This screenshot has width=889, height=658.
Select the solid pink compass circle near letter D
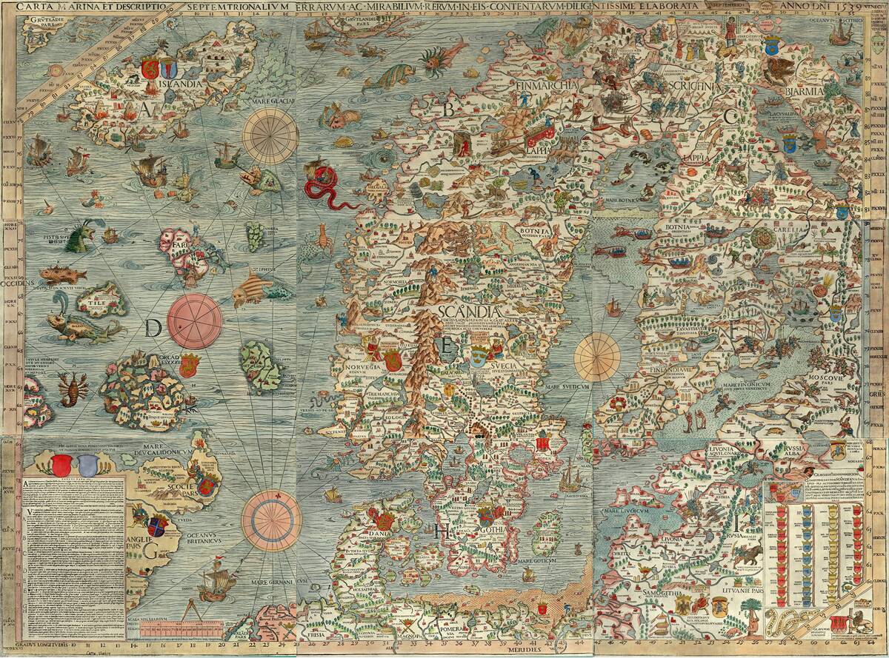click(195, 319)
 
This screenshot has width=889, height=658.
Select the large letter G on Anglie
click(151, 551)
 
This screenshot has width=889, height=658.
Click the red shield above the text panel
click(62, 464)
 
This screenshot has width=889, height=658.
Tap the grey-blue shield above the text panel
click(88, 464)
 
